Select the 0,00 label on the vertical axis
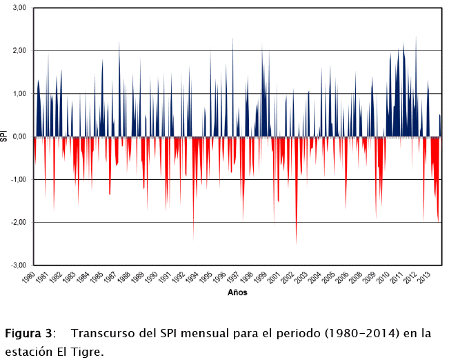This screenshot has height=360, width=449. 17,137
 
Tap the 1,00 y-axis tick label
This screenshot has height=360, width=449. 17,94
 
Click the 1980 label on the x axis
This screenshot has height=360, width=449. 30,278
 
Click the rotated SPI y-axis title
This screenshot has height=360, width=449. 5,137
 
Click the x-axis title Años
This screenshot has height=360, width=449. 237,292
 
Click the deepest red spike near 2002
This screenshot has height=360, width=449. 297,241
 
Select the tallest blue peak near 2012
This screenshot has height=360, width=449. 416,39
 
